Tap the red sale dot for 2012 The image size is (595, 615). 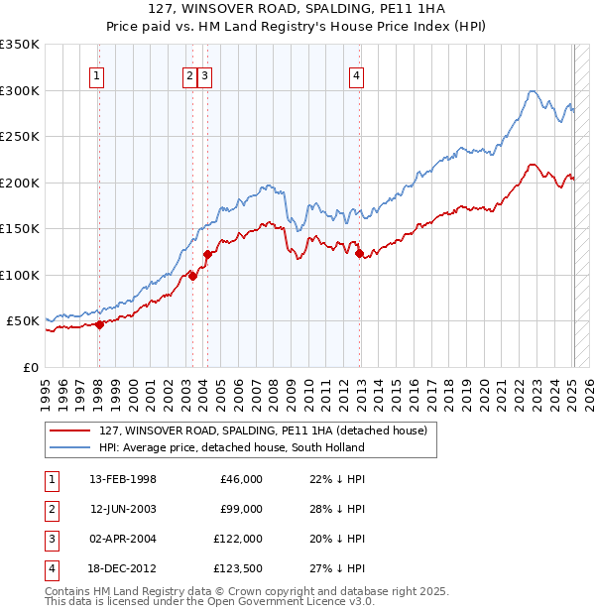point(359,253)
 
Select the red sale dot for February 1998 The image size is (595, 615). point(99,324)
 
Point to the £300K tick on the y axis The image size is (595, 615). point(20,90)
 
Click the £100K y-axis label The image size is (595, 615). point(20,275)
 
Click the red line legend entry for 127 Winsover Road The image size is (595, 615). point(263,430)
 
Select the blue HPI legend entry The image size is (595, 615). point(231,447)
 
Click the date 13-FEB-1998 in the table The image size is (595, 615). point(123,479)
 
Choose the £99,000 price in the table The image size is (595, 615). point(241,509)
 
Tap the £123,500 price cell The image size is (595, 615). point(238,568)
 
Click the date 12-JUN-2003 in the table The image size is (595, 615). point(123,509)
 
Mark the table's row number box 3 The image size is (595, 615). point(51,539)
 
